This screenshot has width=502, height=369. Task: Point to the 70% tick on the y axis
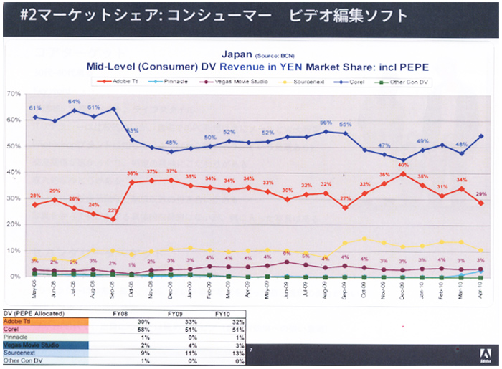[12, 94]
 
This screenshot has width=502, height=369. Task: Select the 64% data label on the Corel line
[73, 101]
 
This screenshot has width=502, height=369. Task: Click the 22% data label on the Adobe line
[113, 211]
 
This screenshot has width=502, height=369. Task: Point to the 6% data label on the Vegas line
[286, 253]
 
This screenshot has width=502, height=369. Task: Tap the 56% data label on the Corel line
[325, 123]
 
